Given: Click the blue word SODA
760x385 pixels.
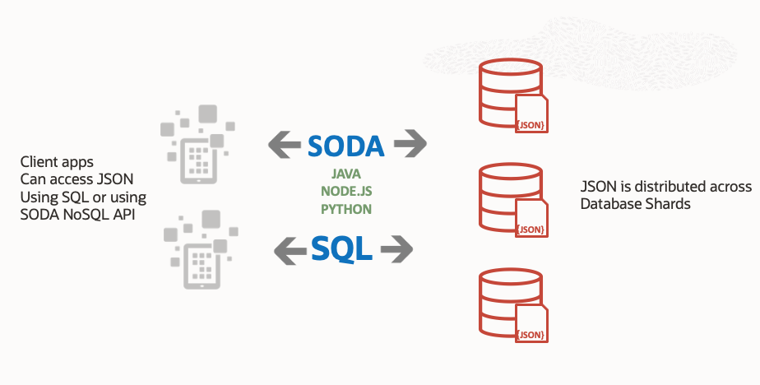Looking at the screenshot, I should [345, 146].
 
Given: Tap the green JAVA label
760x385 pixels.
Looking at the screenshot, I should [346, 174].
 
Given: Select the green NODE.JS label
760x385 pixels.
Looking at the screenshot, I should [346, 191].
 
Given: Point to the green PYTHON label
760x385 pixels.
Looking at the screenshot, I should [346, 208].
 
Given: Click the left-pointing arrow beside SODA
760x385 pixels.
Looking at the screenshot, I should [285, 146].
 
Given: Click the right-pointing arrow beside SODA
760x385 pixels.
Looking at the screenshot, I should [410, 146].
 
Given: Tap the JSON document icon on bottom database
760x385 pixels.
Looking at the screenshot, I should [531, 324].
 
